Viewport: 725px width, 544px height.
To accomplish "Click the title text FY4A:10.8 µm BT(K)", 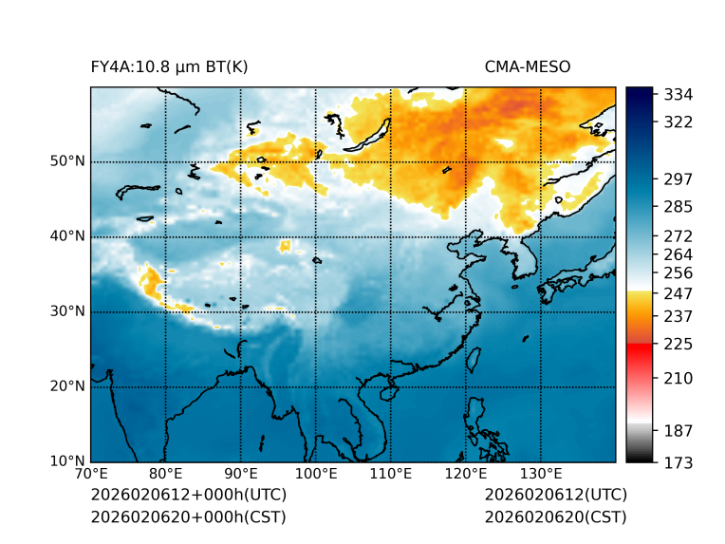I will click(169, 66).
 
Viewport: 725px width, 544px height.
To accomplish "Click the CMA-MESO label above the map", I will click(528, 66).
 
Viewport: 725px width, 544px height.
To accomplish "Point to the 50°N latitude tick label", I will click(67, 161).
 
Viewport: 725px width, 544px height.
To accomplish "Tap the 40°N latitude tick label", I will click(67, 236).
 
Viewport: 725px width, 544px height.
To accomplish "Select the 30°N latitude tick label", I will click(67, 311).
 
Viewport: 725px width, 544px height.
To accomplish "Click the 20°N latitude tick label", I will click(67, 386).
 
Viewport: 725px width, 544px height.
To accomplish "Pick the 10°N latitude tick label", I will click(67, 461).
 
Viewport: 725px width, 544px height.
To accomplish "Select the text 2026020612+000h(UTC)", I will click(188, 496).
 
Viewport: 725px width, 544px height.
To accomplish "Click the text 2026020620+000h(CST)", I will click(188, 517).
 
